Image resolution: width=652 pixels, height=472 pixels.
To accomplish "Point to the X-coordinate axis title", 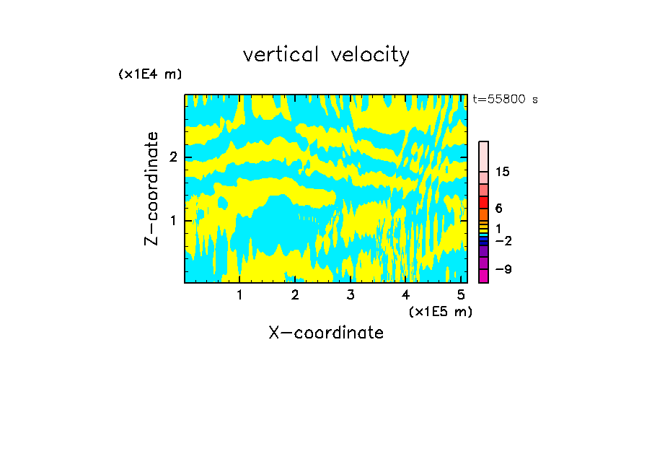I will click(x=326, y=333).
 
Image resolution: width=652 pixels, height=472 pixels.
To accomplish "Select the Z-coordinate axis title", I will click(x=151, y=188).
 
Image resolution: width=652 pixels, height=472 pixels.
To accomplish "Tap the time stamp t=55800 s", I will click(x=505, y=100).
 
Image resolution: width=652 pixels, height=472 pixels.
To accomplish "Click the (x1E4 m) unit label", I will click(x=150, y=74).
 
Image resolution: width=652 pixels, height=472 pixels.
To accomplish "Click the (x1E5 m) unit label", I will click(x=440, y=311).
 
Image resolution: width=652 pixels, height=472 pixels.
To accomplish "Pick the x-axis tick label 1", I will click(x=239, y=294).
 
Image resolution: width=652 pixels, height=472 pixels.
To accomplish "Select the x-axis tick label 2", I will click(x=295, y=294).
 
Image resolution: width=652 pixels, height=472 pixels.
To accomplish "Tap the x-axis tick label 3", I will click(x=351, y=294).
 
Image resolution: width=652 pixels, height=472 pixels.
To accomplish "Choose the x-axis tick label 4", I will click(x=406, y=294).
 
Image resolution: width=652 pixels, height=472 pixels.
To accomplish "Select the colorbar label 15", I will click(x=503, y=172).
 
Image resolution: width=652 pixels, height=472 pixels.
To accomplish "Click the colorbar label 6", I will click(x=498, y=209).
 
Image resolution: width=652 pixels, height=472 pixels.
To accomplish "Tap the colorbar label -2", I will click(x=503, y=240).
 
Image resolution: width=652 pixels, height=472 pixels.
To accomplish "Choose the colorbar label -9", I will click(x=503, y=269).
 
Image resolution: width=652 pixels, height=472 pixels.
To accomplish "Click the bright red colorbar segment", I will click(x=483, y=203).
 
